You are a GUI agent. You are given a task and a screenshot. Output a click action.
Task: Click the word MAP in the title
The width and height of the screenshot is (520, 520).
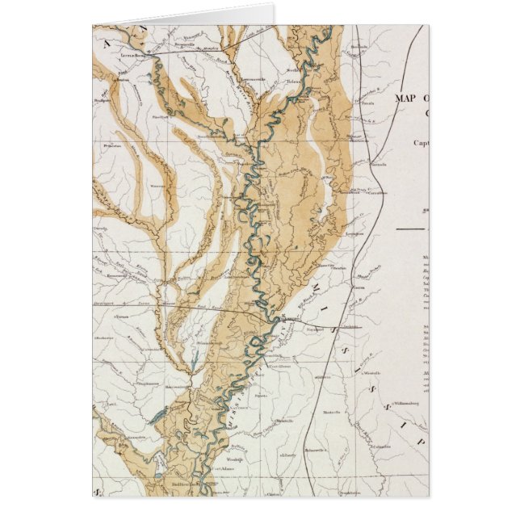click(x=406, y=98)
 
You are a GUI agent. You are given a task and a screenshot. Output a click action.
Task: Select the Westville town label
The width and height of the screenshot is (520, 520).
click(x=372, y=374)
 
